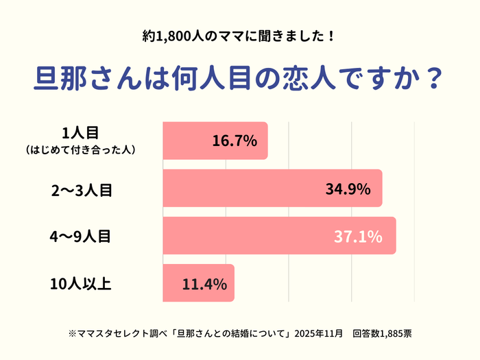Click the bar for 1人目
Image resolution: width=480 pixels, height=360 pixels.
(215, 141)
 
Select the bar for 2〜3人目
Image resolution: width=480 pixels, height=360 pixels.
(272, 189)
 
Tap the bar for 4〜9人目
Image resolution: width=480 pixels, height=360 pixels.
(279, 236)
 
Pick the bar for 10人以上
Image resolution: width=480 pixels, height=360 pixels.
(198, 283)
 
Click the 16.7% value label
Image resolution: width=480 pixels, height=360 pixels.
(235, 142)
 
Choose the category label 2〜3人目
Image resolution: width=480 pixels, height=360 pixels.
(82, 190)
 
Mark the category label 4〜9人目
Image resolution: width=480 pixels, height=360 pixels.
(82, 237)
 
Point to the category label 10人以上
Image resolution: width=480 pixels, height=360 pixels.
(81, 284)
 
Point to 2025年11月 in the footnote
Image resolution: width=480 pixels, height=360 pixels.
(319, 334)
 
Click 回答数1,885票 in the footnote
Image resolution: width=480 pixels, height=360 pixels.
(382, 334)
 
